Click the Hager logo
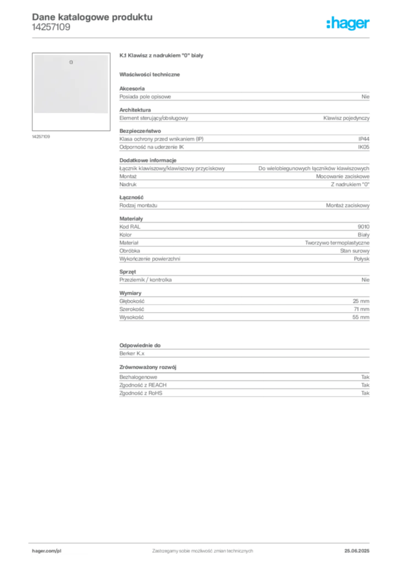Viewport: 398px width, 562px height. click(348, 23)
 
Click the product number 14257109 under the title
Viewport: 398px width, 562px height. click(51, 27)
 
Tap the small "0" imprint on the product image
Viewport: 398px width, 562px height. click(71, 63)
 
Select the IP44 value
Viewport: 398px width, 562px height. click(363, 139)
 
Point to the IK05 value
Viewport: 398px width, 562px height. click(363, 147)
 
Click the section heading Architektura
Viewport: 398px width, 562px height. click(135, 110)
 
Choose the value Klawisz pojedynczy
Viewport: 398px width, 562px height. click(346, 118)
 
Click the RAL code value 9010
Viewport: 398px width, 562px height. click(363, 227)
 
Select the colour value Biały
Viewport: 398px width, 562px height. click(363, 235)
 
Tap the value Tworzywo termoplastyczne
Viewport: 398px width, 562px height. click(337, 243)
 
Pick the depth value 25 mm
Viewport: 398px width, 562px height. click(361, 301)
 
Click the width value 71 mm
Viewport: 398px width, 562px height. click(361, 309)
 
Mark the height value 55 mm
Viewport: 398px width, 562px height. click(361, 317)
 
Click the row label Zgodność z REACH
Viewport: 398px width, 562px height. click(143, 385)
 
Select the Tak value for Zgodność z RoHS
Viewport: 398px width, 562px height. click(366, 393)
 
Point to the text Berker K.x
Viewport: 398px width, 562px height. click(132, 353)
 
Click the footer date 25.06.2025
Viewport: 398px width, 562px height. click(357, 551)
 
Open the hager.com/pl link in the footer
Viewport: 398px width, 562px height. click(47, 551)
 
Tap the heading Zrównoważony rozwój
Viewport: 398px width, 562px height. click(148, 367)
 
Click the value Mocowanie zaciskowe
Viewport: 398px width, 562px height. click(342, 176)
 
